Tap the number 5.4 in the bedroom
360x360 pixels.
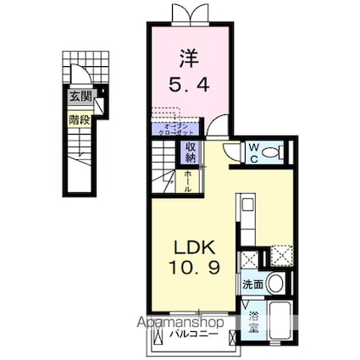click(x=189, y=86)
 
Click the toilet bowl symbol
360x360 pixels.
click(x=272, y=152)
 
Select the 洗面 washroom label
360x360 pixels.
click(x=252, y=285)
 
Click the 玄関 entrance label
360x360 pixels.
click(x=75, y=97)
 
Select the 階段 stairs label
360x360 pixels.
click(x=75, y=119)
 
